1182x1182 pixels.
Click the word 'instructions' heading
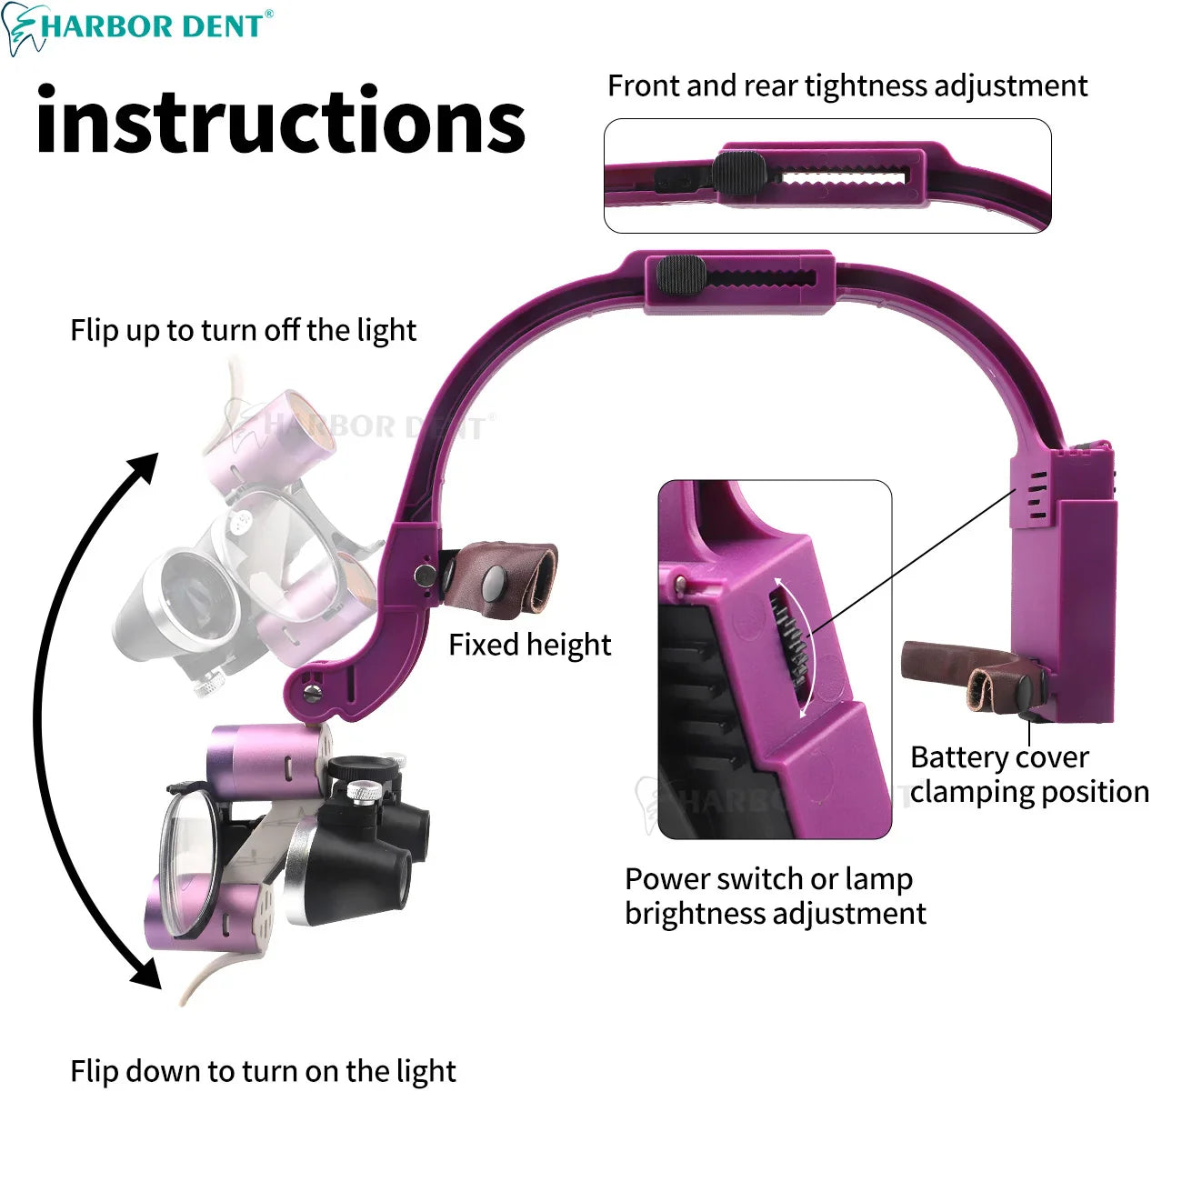(281, 119)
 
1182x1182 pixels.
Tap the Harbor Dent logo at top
(137, 27)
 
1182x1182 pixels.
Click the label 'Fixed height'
(530, 645)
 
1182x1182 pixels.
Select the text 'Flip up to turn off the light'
(244, 330)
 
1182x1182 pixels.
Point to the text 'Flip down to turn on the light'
(263, 1071)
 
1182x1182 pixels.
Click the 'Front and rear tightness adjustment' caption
(847, 85)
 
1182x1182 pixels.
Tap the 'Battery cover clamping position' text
(1029, 774)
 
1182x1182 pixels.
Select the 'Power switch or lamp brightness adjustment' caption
(776, 896)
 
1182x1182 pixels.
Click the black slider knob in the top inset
(740, 173)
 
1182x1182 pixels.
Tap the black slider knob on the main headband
(681, 274)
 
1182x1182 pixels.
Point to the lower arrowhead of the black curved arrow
(147, 972)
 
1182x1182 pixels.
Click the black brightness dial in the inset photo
(791, 638)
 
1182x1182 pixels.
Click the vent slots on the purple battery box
(1037, 496)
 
